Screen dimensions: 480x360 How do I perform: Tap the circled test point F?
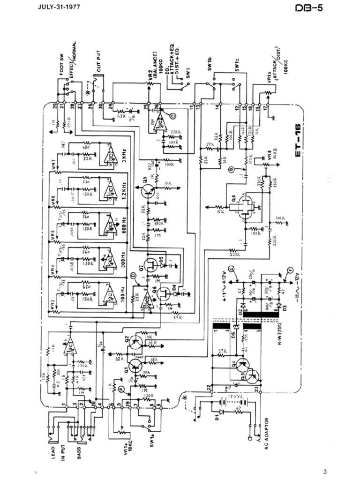(x=290, y=270)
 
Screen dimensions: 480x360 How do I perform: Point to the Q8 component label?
(x=227, y=200)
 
